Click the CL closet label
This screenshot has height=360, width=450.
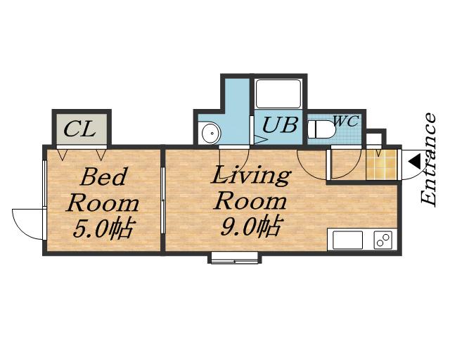tap(79, 129)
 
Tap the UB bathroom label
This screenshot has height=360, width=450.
tap(280, 124)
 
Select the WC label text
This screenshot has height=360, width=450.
tap(347, 121)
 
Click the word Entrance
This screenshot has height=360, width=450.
tap(428, 160)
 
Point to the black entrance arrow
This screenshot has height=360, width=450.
tap(414, 161)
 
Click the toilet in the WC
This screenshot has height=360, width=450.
tap(321, 129)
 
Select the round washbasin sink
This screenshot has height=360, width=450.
tap(211, 133)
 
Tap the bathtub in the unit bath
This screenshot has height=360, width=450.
tap(278, 94)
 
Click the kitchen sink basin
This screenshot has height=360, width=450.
tap(347, 240)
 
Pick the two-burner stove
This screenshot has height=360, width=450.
tap(382, 240)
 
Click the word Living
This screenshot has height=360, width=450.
tap(251, 176)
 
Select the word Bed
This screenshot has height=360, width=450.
tap(103, 177)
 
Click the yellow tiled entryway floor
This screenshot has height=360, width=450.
tap(382, 165)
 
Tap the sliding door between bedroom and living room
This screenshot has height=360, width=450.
tap(162, 200)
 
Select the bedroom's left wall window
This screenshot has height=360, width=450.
tap(44, 183)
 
